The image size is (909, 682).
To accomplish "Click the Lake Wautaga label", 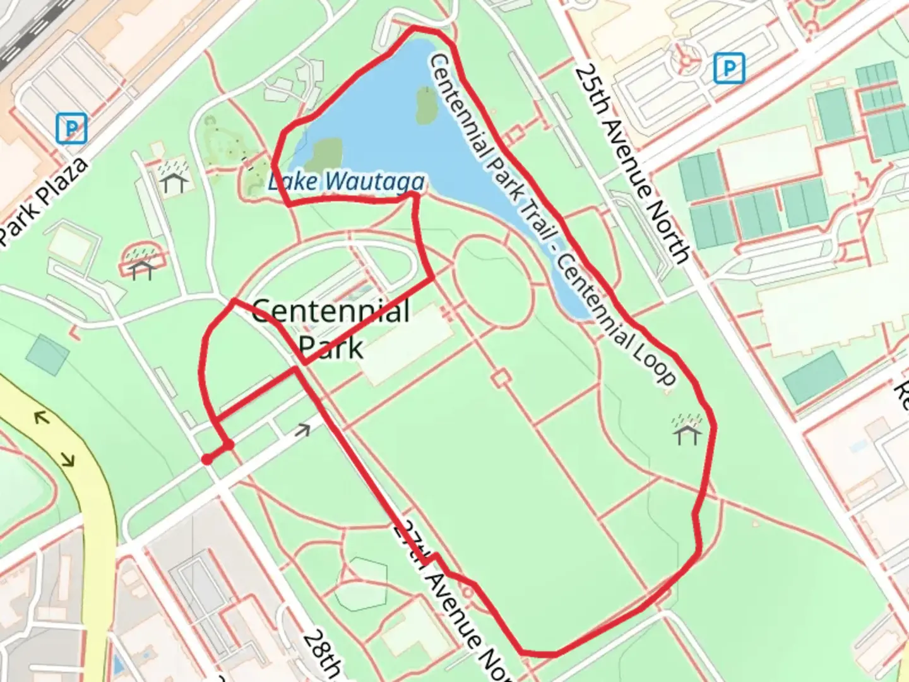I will pos(346,182).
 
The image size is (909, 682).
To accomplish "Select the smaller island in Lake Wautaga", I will pos(425,104).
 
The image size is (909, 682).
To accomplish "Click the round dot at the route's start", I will pos(206,460).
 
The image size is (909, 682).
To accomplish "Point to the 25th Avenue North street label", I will pos(632,163).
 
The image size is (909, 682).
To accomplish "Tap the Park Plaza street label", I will pos(43,201).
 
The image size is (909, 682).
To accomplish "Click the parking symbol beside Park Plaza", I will pos(71,129).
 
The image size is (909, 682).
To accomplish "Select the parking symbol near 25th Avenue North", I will pos(729,68).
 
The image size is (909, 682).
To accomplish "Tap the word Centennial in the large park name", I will pos(331,312).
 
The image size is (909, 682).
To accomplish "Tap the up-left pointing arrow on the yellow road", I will pos(42,417).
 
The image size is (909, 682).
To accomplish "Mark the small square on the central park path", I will pos(501,378).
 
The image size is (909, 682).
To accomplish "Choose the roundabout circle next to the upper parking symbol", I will pos(685,61).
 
